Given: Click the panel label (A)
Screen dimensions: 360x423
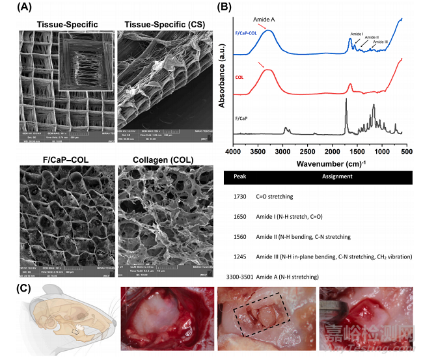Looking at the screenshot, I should coord(16,7).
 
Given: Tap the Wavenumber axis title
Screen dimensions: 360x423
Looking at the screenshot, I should coord(319,163).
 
